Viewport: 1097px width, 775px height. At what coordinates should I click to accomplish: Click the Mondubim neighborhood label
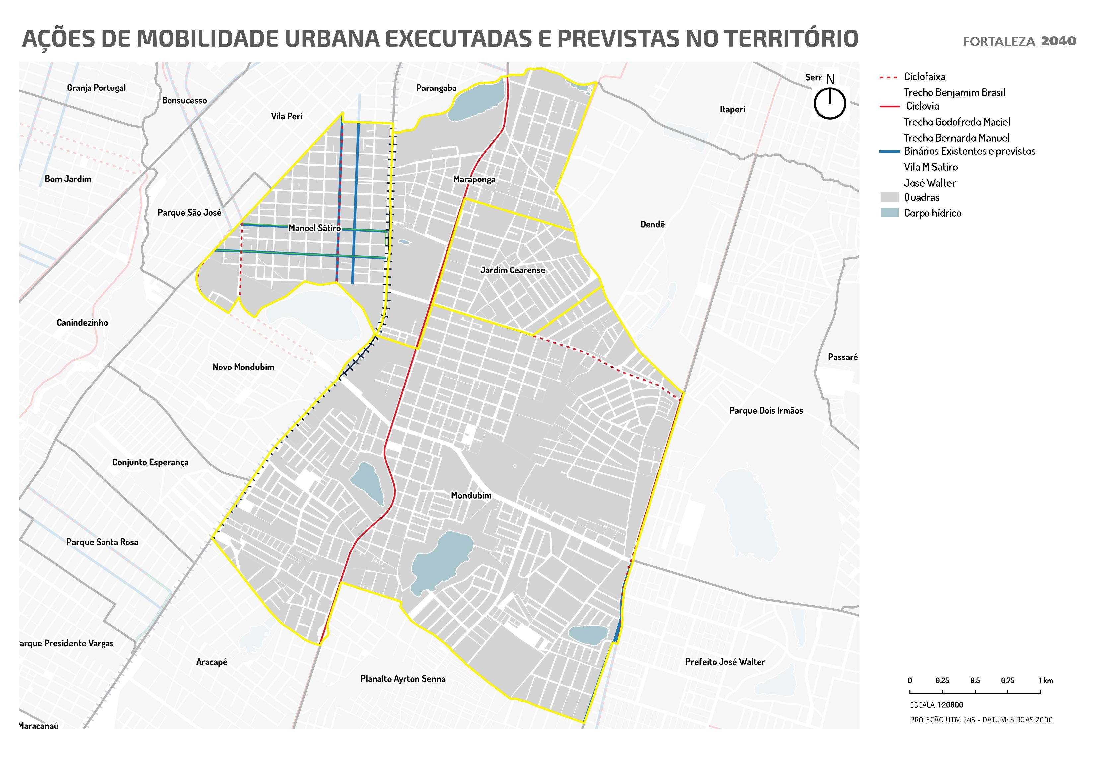pyautogui.click(x=471, y=495)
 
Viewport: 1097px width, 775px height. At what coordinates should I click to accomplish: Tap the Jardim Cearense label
pyautogui.click(x=512, y=270)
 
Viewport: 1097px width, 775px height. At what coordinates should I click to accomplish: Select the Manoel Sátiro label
pyautogui.click(x=314, y=228)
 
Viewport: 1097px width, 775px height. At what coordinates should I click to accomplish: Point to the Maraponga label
pyautogui.click(x=474, y=180)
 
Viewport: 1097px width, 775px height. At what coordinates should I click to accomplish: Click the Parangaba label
pyautogui.click(x=436, y=88)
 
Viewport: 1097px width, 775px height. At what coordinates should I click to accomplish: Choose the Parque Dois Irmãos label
pyautogui.click(x=766, y=411)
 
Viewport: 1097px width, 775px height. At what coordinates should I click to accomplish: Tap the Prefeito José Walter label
pyautogui.click(x=725, y=662)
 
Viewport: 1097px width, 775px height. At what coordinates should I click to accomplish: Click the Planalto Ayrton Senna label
pyautogui.click(x=402, y=679)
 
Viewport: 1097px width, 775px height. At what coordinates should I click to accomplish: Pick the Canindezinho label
pyautogui.click(x=82, y=322)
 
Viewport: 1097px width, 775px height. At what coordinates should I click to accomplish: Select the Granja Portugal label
pyautogui.click(x=96, y=88)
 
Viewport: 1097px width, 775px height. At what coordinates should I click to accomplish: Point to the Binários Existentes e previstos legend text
pyautogui.click(x=969, y=151)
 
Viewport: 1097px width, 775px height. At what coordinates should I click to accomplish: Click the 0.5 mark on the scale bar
pyautogui.click(x=975, y=681)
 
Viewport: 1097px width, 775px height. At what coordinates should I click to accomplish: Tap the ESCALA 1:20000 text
pyautogui.click(x=936, y=705)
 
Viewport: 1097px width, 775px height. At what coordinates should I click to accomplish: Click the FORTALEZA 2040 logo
pyautogui.click(x=1019, y=41)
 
